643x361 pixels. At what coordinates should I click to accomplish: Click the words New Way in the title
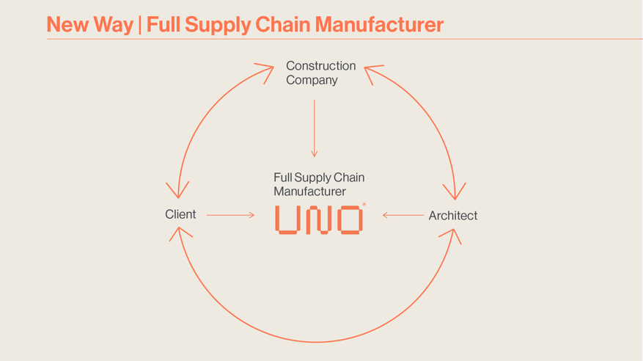[89, 24]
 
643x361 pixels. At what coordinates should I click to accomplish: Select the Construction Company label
[320, 73]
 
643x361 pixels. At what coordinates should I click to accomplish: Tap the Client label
[180, 214]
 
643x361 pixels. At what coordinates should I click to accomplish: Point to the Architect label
[452, 216]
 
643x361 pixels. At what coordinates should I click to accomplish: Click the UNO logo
[319, 220]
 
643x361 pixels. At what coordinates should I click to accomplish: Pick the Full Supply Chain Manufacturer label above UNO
[319, 184]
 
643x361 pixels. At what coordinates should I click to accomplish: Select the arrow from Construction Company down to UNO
[314, 128]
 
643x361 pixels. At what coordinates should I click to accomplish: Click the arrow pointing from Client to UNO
[230, 215]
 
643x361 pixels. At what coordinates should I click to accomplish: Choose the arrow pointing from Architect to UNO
[403, 215]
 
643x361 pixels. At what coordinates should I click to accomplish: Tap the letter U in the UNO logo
[287, 220]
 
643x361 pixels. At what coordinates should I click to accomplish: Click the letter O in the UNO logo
[350, 220]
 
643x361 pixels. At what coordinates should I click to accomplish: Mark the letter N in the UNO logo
[318, 220]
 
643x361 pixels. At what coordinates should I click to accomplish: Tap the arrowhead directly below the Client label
[179, 233]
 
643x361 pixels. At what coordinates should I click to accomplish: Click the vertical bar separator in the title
[140, 24]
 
